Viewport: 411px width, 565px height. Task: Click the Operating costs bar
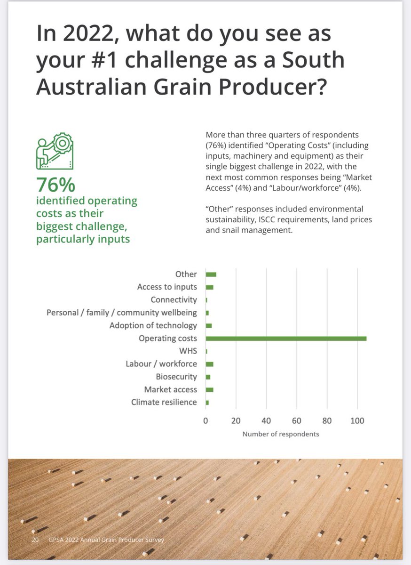coord(286,339)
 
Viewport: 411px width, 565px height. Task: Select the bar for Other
coord(211,274)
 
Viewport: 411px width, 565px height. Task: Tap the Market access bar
coord(209,390)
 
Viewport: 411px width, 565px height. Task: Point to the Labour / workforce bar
coord(209,364)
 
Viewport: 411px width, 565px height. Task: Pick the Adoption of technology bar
coord(209,326)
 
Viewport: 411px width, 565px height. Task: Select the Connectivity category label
coord(174,300)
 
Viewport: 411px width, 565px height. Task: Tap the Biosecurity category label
coord(176,377)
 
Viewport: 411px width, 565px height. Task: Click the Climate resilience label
coord(164,402)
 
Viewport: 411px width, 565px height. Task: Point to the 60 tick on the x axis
coord(297,420)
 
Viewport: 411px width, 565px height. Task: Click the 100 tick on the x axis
coord(357,420)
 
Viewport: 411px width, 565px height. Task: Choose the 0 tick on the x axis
coord(205,420)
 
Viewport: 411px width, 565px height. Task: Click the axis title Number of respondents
coord(281,434)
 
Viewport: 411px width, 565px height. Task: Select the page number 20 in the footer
coord(35,540)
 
